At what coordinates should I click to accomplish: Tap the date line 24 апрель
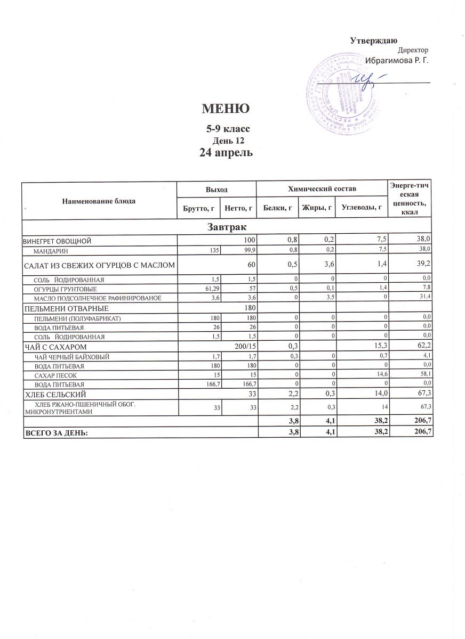click(x=226, y=153)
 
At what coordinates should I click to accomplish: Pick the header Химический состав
click(x=322, y=189)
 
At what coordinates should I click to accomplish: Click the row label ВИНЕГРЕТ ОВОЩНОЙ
click(x=58, y=241)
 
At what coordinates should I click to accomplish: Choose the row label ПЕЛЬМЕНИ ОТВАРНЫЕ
click(x=65, y=308)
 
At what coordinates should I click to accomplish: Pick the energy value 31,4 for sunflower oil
click(x=425, y=298)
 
